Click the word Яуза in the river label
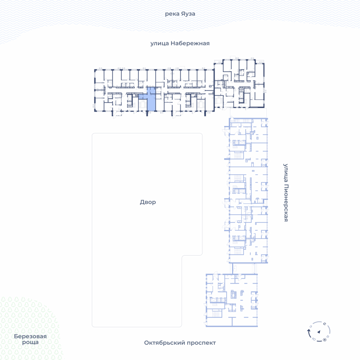pyautogui.click(x=188, y=14)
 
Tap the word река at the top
pyautogui.click(x=172, y=14)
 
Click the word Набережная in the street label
pyautogui.click(x=190, y=43)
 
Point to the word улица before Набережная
pyautogui.click(x=160, y=44)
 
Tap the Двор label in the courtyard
pyautogui.click(x=148, y=202)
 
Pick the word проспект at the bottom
pyautogui.click(x=201, y=343)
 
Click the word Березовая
pyautogui.click(x=30, y=336)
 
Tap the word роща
pyautogui.click(x=30, y=342)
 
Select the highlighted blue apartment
pyautogui.click(x=151, y=99)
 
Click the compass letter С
pyautogui.click(x=324, y=324)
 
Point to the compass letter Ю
pyautogui.click(x=314, y=339)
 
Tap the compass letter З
pyautogui.click(x=311, y=326)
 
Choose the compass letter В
pyautogui.click(x=328, y=337)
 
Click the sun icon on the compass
pyautogui.click(x=324, y=340)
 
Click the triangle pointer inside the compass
pyautogui.click(x=319, y=332)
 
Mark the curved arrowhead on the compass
pyautogui.click(x=309, y=330)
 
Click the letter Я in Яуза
pyautogui.click(x=182, y=13)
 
